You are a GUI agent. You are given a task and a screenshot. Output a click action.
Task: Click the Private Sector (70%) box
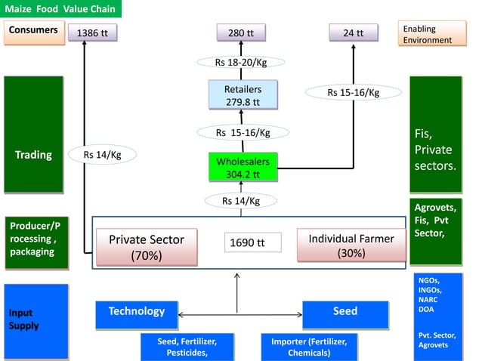pyautogui.click(x=147, y=246)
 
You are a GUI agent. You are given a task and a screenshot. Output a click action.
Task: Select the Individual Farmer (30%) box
pyautogui.click(x=351, y=245)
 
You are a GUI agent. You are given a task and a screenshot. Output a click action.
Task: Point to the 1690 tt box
pyautogui.click(x=252, y=242)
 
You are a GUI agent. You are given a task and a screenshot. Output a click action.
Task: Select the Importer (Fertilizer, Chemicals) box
pyautogui.click(x=309, y=347)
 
